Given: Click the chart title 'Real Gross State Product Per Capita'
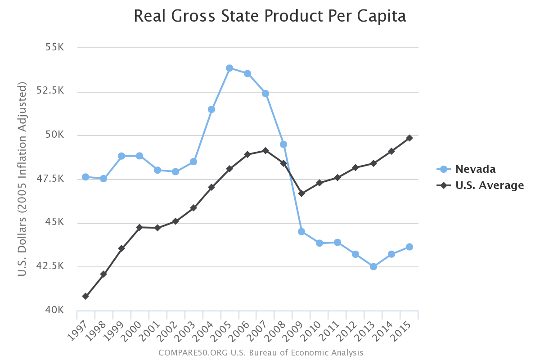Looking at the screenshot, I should (x=270, y=16).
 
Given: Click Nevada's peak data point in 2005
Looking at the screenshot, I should (x=229, y=68).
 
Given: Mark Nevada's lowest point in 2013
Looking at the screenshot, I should (x=373, y=266).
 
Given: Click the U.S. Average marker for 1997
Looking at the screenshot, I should (x=85, y=296).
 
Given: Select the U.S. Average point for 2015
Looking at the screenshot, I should (x=409, y=138).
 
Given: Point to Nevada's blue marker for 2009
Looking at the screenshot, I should (x=301, y=232).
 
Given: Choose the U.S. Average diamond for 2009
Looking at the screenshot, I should (x=301, y=193).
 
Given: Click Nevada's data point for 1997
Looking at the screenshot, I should (x=85, y=177).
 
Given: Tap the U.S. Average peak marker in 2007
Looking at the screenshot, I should (x=265, y=151).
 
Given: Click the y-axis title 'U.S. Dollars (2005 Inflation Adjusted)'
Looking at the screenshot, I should (x=22, y=179).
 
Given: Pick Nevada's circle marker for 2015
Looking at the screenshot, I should (x=409, y=247).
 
